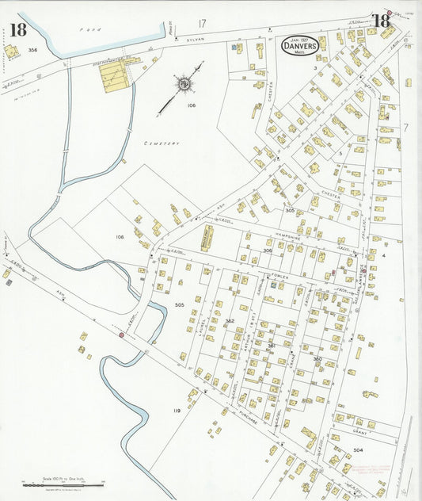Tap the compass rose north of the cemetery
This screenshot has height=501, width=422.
pyautogui.click(x=184, y=83)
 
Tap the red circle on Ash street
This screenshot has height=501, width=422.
pyautogui.click(x=121, y=335)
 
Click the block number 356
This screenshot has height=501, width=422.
pyautogui.click(x=32, y=50)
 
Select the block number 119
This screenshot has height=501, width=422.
pyautogui.click(x=176, y=410)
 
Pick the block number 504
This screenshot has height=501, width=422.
pyautogui.click(x=358, y=449)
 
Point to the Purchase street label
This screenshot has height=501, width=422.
pyautogui.click(x=248, y=417)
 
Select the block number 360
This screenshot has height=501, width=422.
pyautogui.click(x=317, y=358)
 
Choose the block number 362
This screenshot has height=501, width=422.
pyautogui.click(x=230, y=320)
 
